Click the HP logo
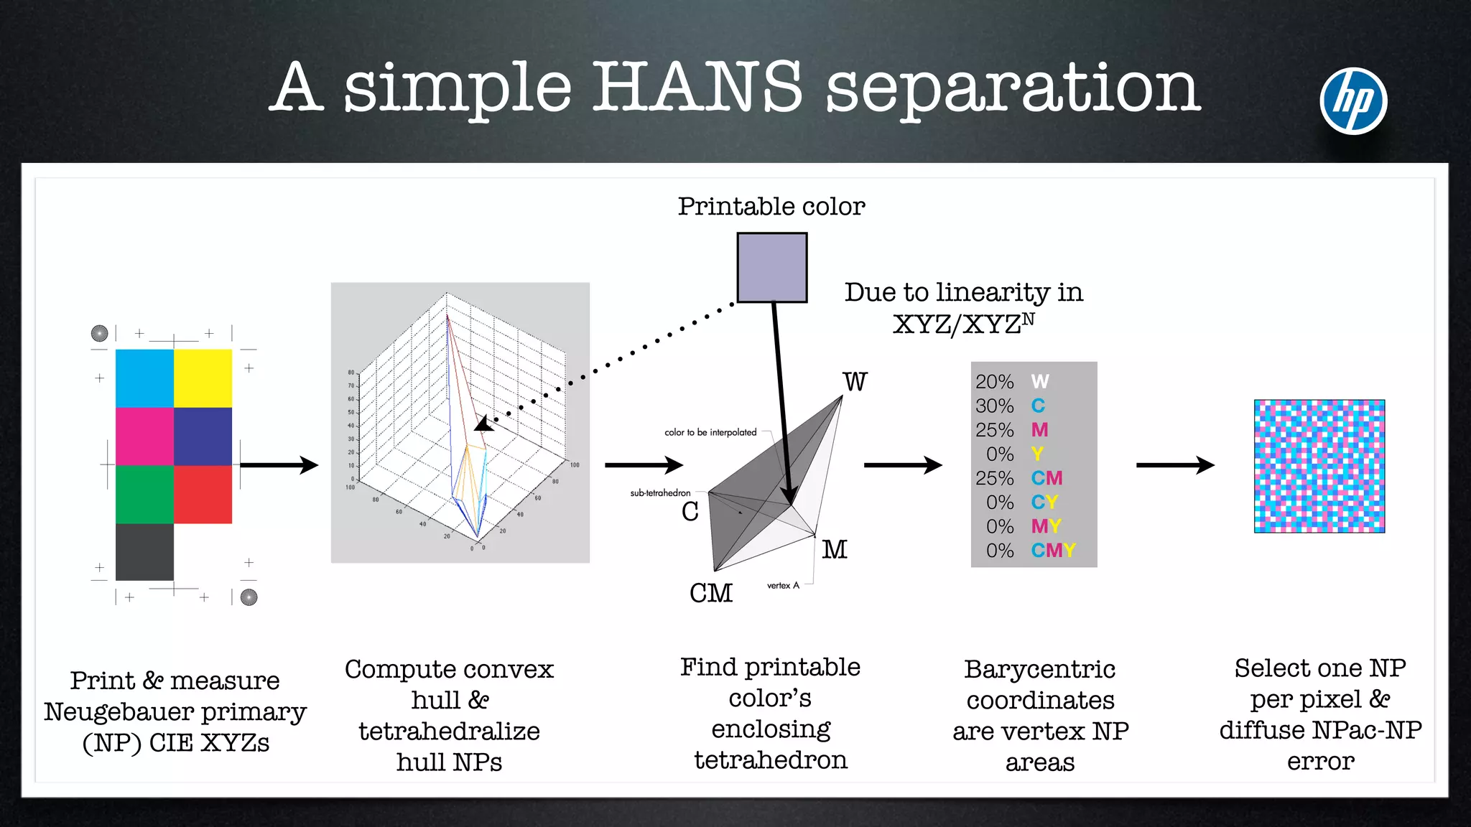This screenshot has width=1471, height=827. pyautogui.click(x=1353, y=101)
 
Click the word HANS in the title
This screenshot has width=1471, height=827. pyautogui.click(x=696, y=87)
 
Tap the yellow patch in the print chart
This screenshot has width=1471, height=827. pyautogui.click(x=203, y=378)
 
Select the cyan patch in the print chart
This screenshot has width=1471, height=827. pyautogui.click(x=144, y=378)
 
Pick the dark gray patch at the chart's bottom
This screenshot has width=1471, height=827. pyautogui.click(x=144, y=551)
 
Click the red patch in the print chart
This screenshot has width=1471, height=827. pyautogui.click(x=203, y=494)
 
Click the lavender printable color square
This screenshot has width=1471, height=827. pyautogui.click(x=772, y=268)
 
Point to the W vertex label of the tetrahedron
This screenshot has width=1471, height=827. pyautogui.click(x=855, y=382)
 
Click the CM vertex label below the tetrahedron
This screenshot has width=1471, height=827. pyautogui.click(x=711, y=593)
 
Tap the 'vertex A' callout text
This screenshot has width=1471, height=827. pyautogui.click(x=783, y=586)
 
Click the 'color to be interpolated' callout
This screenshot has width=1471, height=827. pyautogui.click(x=710, y=432)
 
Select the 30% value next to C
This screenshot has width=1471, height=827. pyautogui.click(x=995, y=406)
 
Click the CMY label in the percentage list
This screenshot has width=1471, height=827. pyautogui.click(x=1054, y=551)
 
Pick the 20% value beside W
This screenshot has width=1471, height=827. pyautogui.click(x=995, y=382)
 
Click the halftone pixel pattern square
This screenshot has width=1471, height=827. pyautogui.click(x=1319, y=466)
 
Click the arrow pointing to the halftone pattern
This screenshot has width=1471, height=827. pyautogui.click(x=1175, y=465)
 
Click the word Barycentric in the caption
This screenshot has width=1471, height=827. pyautogui.click(x=1039, y=669)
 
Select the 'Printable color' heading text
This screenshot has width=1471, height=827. pyautogui.click(x=771, y=207)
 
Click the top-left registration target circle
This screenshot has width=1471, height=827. pyautogui.click(x=100, y=333)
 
